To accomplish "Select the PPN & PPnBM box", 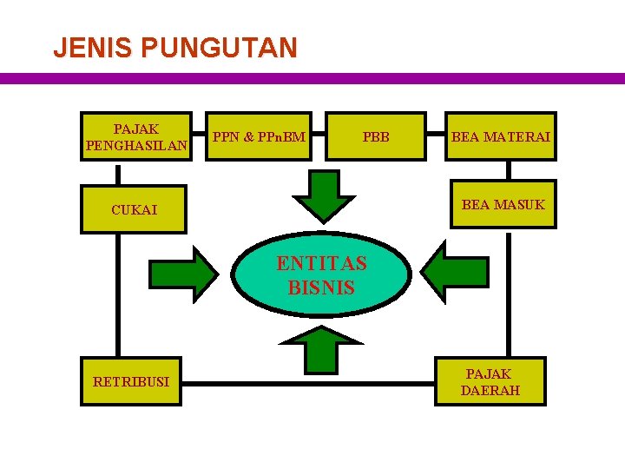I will tap(260, 136).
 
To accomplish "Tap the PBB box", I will tap(376, 136).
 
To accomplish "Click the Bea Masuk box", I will tap(503, 205).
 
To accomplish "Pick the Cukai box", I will tap(133, 209).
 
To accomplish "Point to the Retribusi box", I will tap(131, 381).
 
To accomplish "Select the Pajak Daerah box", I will tap(490, 381).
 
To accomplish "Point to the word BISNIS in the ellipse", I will tap(321, 287).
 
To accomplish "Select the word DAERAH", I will tap(490, 391).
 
